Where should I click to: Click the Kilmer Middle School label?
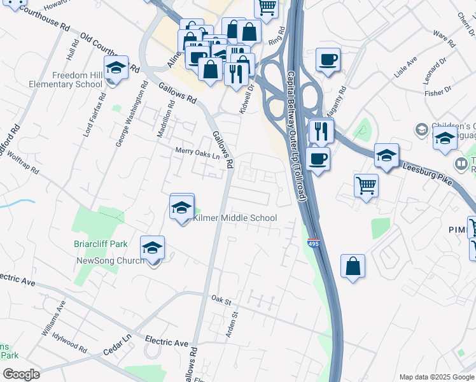pos(235,218)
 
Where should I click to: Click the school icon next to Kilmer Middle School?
pos(182,208)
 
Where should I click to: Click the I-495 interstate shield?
pos(312,243)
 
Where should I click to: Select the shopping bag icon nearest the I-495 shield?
pos(353,266)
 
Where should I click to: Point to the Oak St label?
pos(220,298)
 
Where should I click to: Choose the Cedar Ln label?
pos(117,344)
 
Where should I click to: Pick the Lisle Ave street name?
pos(405,67)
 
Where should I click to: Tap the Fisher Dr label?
pos(438,92)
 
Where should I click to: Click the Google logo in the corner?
pos(21,374)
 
